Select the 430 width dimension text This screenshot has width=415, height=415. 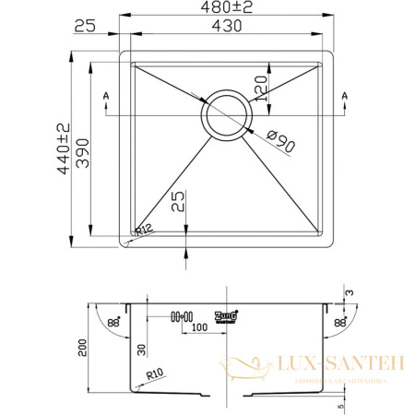(228, 27)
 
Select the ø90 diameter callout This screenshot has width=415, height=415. (279, 143)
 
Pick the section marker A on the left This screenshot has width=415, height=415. (107, 96)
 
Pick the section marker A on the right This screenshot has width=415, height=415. (345, 96)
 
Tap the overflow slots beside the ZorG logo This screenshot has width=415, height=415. (181, 315)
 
